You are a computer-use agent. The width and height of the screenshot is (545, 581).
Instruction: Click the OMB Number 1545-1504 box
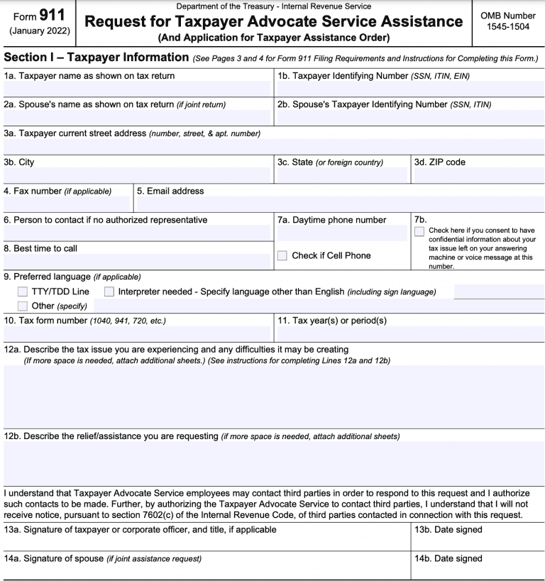(x=507, y=21)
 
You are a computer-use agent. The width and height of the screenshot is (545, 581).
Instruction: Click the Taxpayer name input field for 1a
(x=137, y=89)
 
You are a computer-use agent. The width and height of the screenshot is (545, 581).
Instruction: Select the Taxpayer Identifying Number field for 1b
(x=409, y=89)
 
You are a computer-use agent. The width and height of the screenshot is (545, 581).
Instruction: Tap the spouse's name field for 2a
(x=137, y=118)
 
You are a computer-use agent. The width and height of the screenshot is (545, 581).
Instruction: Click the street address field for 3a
(x=272, y=147)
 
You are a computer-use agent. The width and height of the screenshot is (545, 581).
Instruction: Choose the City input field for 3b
(x=137, y=175)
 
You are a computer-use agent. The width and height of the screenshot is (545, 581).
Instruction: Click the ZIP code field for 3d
(x=478, y=175)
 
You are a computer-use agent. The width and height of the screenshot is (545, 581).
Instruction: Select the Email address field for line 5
(x=339, y=204)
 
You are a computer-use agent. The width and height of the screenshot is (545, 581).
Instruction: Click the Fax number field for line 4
(x=67, y=204)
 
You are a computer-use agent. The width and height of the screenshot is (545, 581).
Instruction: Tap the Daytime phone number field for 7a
(x=342, y=233)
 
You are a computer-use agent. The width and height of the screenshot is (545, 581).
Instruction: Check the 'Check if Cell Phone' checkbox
(x=282, y=255)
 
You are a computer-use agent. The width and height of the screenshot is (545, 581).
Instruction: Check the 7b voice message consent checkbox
(x=419, y=231)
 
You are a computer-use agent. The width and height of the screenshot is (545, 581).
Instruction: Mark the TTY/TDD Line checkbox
(x=23, y=292)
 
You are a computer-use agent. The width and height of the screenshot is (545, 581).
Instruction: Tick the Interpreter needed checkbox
(x=109, y=292)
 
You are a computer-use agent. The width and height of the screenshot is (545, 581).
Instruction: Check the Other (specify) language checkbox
(x=23, y=306)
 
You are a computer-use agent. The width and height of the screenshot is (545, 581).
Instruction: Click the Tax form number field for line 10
(x=137, y=333)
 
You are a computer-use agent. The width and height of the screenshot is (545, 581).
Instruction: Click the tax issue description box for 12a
(x=272, y=397)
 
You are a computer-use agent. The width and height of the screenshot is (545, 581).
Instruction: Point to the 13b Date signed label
(x=448, y=530)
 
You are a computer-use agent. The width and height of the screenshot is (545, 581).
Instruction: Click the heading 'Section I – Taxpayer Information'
(x=96, y=57)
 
